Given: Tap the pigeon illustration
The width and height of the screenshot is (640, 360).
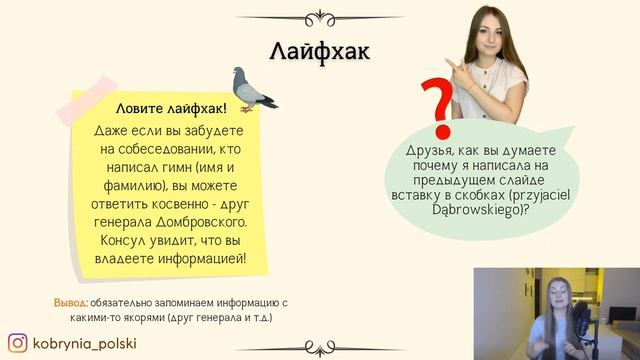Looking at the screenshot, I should (254, 87).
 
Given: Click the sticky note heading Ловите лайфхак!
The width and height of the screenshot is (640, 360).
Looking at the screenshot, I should (171, 107).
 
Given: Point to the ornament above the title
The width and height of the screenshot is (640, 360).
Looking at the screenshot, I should (320, 15).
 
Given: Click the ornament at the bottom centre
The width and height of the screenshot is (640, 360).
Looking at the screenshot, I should (320, 348).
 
